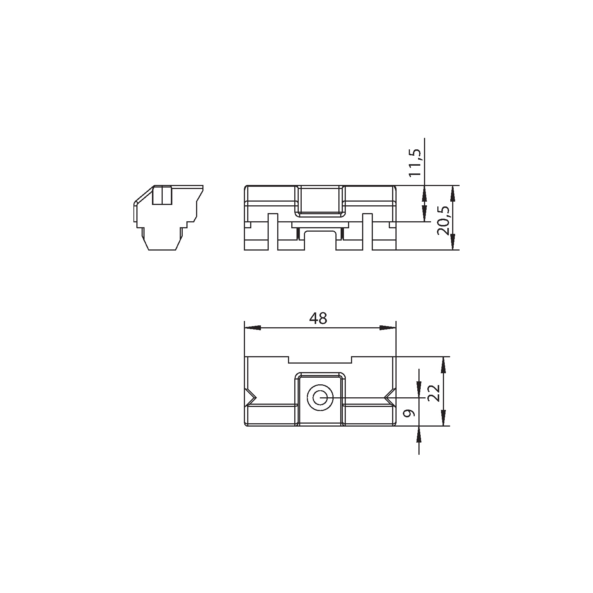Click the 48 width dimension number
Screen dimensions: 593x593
tap(318, 318)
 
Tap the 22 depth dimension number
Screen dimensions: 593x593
tap(434, 393)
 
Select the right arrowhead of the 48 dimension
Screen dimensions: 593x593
tap(388, 328)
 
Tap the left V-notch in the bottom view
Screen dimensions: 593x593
tap(251, 398)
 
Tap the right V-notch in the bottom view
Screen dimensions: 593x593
tap(389, 398)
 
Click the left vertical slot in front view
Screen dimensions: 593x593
tap(272, 232)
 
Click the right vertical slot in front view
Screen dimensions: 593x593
tap(367, 232)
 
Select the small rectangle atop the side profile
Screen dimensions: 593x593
tap(162, 195)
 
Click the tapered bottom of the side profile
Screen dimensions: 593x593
tap(162, 243)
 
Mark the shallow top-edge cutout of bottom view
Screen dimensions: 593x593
tap(320, 360)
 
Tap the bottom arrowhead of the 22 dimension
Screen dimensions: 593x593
tap(443, 419)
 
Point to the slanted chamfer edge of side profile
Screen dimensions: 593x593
tap(143, 195)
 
